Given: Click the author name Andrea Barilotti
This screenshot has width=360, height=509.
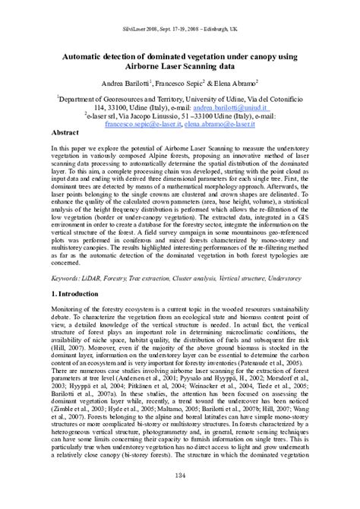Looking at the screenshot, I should (122, 80).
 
